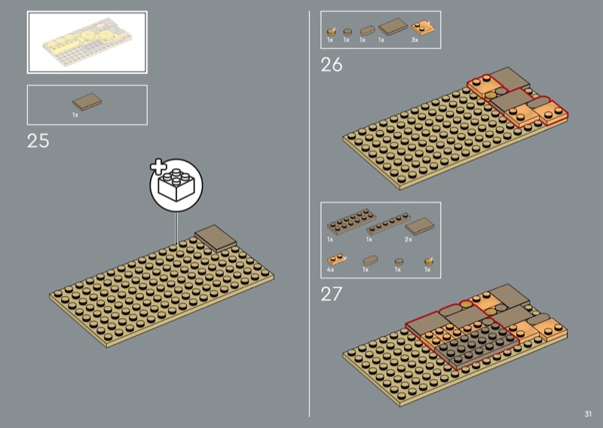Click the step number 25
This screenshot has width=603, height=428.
(38, 141)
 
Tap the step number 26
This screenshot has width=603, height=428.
(332, 65)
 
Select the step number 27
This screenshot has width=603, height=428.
(331, 294)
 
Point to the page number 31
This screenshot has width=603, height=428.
(588, 414)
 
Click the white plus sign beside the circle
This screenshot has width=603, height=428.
(158, 167)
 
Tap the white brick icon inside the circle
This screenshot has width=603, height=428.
(177, 185)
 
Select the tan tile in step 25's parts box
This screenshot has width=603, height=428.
(87, 102)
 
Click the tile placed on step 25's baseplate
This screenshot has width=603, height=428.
(216, 238)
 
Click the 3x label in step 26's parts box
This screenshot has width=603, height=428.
(415, 40)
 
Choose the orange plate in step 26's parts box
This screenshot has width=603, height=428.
(423, 28)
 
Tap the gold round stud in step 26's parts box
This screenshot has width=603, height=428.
(331, 32)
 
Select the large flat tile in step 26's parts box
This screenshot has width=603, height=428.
(393, 26)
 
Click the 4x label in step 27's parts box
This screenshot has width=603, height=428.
(331, 270)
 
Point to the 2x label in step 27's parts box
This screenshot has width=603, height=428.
(409, 240)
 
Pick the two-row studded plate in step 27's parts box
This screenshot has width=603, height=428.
(351, 222)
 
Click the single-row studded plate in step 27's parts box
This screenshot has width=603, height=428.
(388, 224)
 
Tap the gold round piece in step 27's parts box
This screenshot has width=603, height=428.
(429, 261)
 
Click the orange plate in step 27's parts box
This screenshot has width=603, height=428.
(336, 259)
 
